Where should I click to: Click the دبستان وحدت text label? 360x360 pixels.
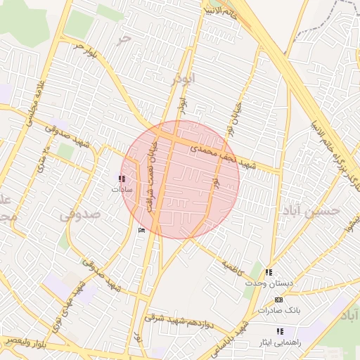click(263, 283)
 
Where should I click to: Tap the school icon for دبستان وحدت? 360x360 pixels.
click(269, 272)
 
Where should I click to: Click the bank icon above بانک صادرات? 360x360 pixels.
click(278, 300)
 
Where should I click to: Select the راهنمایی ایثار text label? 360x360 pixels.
click(280, 342)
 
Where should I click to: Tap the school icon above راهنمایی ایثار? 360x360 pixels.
click(280, 331)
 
